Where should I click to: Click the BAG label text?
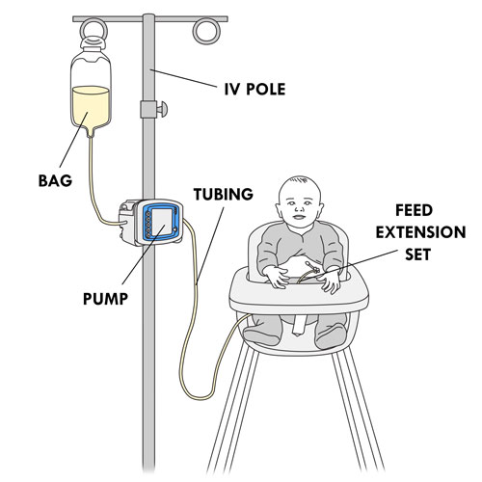55,180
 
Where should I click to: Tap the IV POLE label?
254,89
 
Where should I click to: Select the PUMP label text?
105,299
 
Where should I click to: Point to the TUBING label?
224,194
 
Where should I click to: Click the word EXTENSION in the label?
420,232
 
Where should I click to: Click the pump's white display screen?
162,223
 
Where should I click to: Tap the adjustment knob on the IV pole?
162,109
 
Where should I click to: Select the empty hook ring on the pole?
206,31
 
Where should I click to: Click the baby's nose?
300,209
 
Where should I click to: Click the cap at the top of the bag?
93,43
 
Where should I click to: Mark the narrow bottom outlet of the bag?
91,132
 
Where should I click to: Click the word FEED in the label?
414,210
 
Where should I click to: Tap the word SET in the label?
417,254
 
